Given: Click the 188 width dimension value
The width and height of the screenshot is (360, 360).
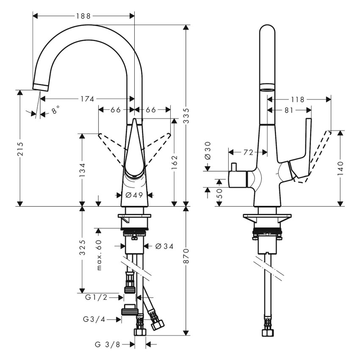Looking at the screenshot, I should pyautogui.click(x=83, y=16).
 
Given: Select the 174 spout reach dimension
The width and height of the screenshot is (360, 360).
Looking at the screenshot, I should pyautogui.click(x=87, y=99).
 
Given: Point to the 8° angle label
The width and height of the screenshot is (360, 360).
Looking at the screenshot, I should pyautogui.click(x=55, y=111).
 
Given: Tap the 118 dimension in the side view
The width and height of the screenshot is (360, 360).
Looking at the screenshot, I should pyautogui.click(x=298, y=100).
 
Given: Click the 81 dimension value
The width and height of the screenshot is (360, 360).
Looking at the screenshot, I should pyautogui.click(x=288, y=110).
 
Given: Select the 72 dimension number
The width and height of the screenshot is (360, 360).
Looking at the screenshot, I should pyautogui.click(x=248, y=152).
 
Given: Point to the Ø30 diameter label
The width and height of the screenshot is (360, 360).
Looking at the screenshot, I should pyautogui.click(x=208, y=151).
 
